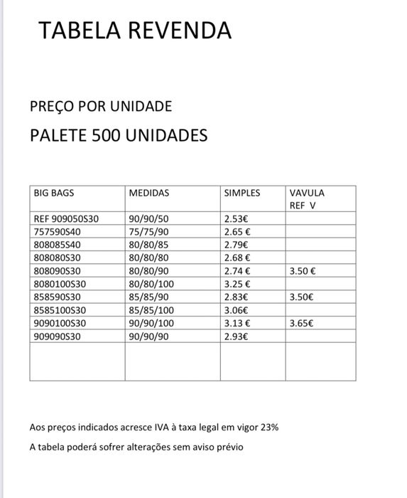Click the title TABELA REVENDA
134,31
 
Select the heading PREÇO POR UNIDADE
101,107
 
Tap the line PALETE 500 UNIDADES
119,134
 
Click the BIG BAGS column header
54,193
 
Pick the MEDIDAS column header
149,193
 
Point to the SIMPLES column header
242,193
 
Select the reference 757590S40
58,232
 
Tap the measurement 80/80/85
148,245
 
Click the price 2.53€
236,219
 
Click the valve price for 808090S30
303,271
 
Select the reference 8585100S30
60,309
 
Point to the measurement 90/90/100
151,322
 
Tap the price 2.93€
236,335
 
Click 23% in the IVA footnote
268,428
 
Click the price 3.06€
236,309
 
